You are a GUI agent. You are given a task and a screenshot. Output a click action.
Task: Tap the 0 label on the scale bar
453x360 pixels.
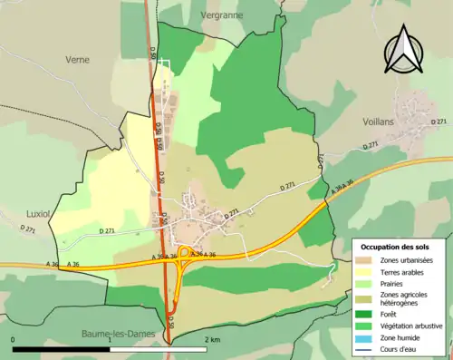14,339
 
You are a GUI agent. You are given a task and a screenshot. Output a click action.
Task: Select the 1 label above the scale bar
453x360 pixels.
110,339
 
